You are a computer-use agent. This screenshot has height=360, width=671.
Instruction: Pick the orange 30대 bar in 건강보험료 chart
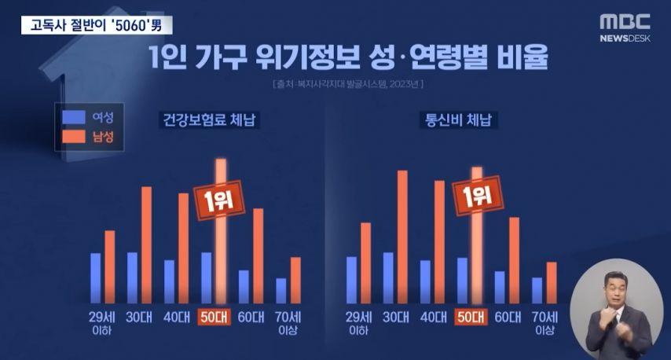pos(146,244)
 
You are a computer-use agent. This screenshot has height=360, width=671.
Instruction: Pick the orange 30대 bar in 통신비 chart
pos(402,236)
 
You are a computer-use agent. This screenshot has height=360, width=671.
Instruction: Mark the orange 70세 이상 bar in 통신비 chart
pos(551,281)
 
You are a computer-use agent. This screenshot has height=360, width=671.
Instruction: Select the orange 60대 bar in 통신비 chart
pos(514,259)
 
